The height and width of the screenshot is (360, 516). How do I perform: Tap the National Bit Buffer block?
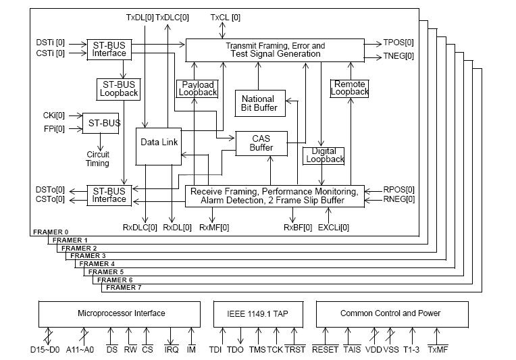pyautogui.click(x=260, y=103)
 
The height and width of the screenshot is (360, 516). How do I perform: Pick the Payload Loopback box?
pyautogui.click(x=197, y=88)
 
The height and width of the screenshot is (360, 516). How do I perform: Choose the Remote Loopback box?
pyautogui.click(x=350, y=88)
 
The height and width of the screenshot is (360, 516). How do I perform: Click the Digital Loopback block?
pyautogui.click(x=324, y=155)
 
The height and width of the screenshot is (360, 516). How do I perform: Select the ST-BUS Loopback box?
pyautogui.click(x=118, y=88)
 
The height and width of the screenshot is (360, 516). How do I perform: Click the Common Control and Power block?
pyautogui.click(x=390, y=313)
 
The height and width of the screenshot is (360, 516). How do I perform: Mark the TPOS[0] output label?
pyautogui.click(x=398, y=42)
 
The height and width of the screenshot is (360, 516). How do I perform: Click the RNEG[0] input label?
pyautogui.click(x=399, y=200)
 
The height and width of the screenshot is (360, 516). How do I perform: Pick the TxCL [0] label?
pyautogui.click(x=226, y=16)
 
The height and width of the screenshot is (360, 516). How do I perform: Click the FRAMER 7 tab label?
pyautogui.click(x=124, y=287)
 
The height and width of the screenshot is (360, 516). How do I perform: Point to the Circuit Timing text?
pyautogui.click(x=98, y=159)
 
